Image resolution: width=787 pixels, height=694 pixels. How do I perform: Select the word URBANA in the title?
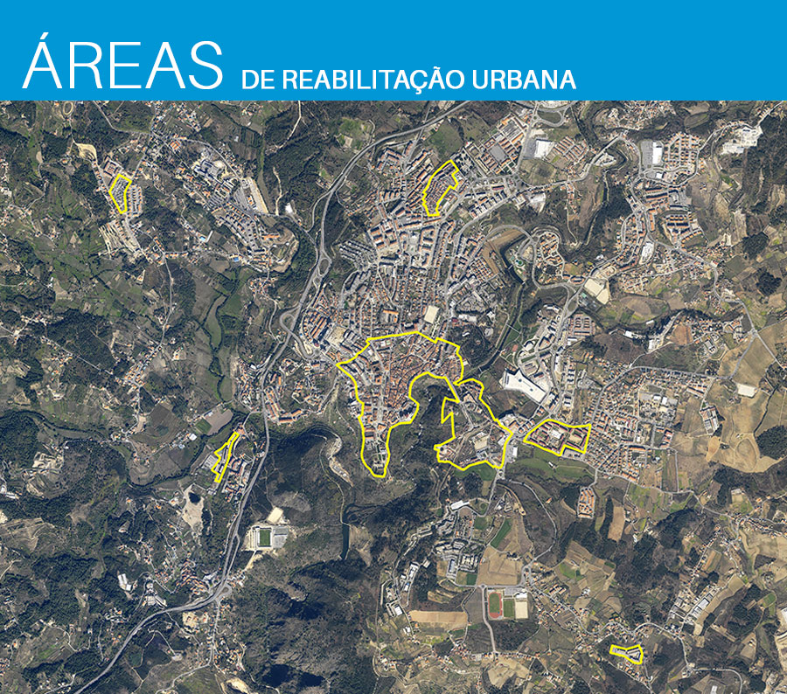click(524, 80)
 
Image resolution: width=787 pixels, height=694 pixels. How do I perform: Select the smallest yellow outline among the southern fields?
click(625, 653)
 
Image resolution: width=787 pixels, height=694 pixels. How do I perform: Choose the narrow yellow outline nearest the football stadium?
click(226, 455)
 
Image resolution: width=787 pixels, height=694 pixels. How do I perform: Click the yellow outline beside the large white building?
click(560, 436)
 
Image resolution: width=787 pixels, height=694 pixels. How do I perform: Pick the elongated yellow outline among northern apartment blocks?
click(440, 187)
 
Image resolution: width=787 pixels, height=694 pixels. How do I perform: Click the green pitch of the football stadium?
click(262, 537)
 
